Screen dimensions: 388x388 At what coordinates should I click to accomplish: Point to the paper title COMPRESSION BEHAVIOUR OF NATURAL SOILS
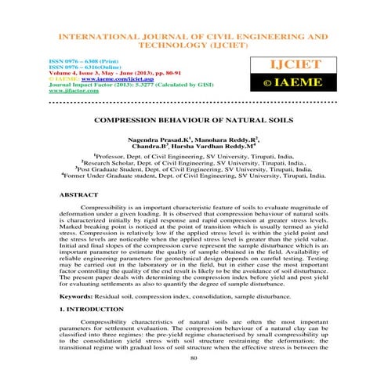tap(193, 121)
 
